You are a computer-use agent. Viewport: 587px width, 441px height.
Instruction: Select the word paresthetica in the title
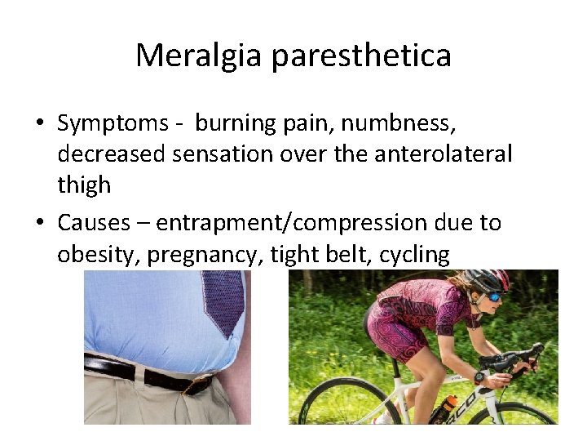(361, 56)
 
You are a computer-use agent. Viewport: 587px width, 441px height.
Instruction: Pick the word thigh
(84, 185)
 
